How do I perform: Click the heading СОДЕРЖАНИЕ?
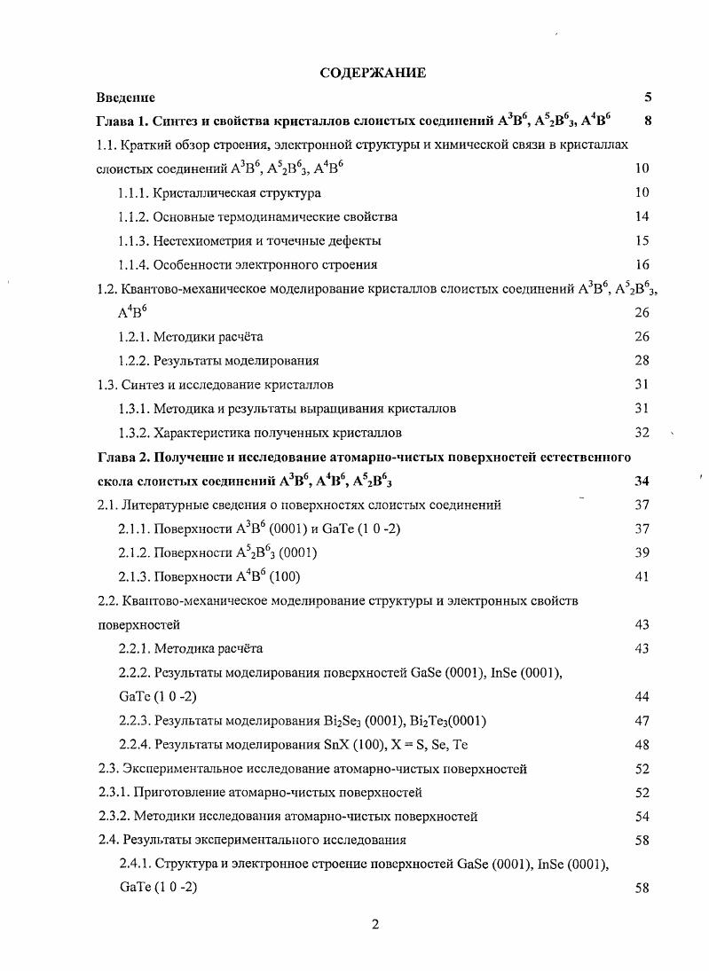click(372, 73)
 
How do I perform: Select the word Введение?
click(126, 97)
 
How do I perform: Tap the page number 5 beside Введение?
click(648, 97)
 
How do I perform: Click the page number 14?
click(642, 216)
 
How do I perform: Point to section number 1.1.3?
click(134, 240)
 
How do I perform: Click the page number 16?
click(642, 264)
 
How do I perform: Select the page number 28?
click(642, 361)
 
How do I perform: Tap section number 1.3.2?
click(134, 433)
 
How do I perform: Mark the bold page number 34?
click(642, 482)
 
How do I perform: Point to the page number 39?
click(642, 552)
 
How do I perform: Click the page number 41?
click(642, 577)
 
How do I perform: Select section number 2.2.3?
click(134, 721)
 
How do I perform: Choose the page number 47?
click(642, 721)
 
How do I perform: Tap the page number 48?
click(642, 745)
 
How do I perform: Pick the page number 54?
click(642, 816)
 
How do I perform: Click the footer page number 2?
click(374, 925)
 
